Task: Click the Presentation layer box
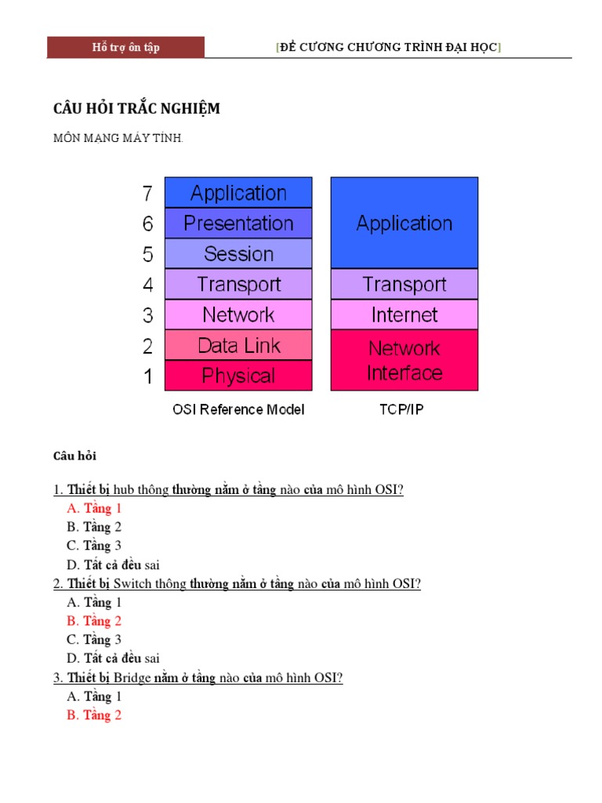click(238, 223)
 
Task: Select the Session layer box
click(238, 254)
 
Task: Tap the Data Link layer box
click(238, 345)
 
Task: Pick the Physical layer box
click(238, 376)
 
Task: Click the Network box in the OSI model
click(238, 315)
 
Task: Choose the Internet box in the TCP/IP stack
click(404, 315)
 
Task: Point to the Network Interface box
click(404, 360)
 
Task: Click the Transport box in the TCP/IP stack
click(404, 285)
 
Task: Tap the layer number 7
click(148, 193)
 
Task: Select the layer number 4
click(148, 285)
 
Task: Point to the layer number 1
click(148, 376)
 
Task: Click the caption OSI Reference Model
click(238, 409)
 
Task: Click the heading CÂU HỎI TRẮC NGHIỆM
click(136, 108)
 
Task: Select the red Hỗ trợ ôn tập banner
click(125, 48)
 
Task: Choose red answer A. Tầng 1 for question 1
click(94, 508)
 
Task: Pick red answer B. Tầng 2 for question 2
click(94, 621)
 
